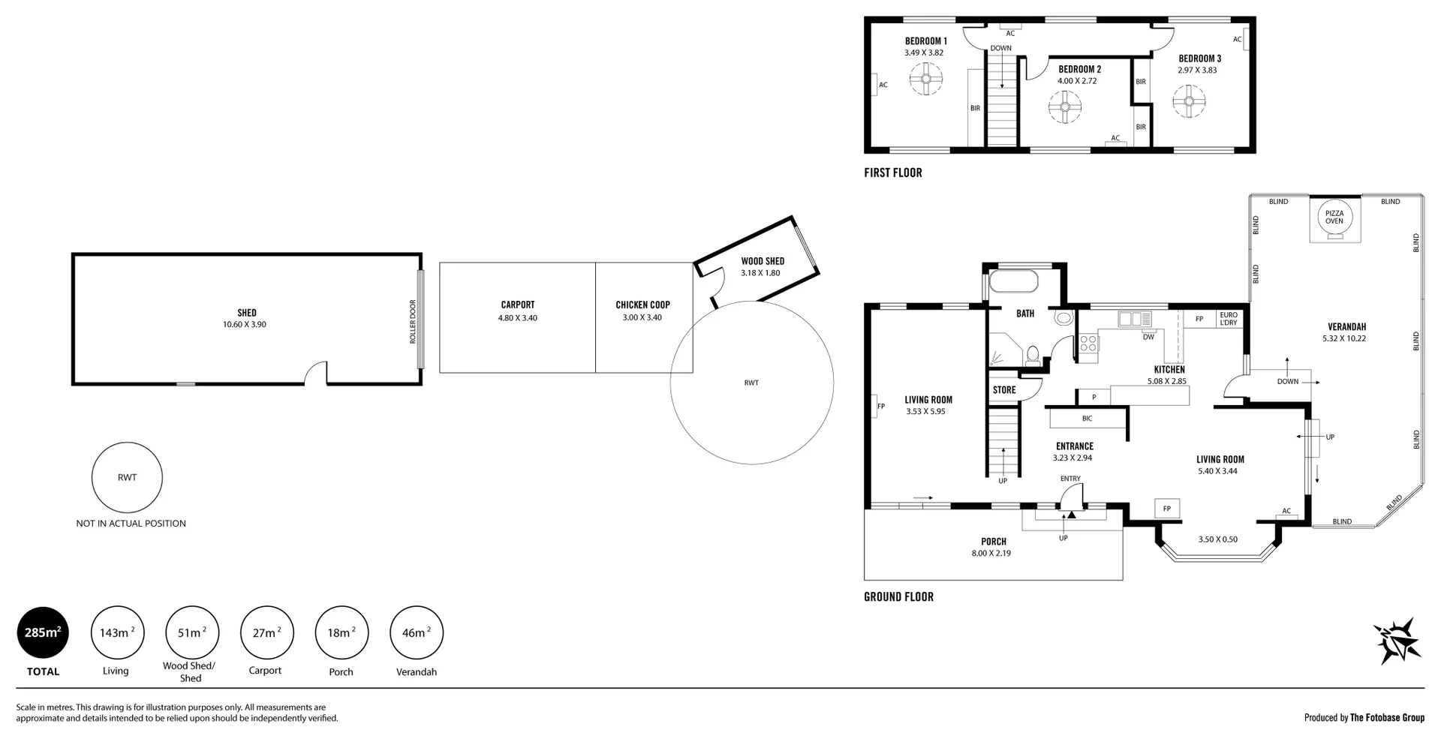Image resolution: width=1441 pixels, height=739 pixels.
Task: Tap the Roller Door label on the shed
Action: (x=413, y=322)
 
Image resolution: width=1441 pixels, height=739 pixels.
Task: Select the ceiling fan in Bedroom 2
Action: (x=1064, y=107)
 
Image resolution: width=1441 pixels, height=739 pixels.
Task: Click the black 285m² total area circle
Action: (x=44, y=632)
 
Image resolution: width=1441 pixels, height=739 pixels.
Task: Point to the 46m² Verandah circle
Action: (x=417, y=632)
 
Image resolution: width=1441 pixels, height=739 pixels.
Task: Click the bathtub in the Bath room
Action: (x=1013, y=282)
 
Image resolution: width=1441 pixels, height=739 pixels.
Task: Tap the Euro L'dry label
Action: (x=1229, y=319)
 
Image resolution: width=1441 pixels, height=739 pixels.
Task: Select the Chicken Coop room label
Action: (x=642, y=305)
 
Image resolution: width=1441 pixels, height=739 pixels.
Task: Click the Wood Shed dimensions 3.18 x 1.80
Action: (x=760, y=273)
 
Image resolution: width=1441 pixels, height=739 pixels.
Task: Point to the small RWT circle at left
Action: (x=127, y=477)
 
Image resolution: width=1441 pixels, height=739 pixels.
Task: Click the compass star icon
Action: (x=1397, y=641)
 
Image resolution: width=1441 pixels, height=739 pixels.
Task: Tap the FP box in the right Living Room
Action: (x=1167, y=509)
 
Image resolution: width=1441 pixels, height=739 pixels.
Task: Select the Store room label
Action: (x=1004, y=390)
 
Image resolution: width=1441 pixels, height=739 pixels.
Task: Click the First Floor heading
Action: (x=893, y=173)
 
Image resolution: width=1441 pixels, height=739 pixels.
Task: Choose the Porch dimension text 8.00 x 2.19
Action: (x=991, y=554)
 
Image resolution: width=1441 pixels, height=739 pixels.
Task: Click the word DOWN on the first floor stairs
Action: (x=1000, y=48)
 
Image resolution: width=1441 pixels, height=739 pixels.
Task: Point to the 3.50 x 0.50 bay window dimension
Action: (x=1218, y=539)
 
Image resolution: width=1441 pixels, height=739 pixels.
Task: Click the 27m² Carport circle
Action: (x=266, y=632)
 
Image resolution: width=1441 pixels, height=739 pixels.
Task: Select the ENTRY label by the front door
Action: (x=1070, y=479)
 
